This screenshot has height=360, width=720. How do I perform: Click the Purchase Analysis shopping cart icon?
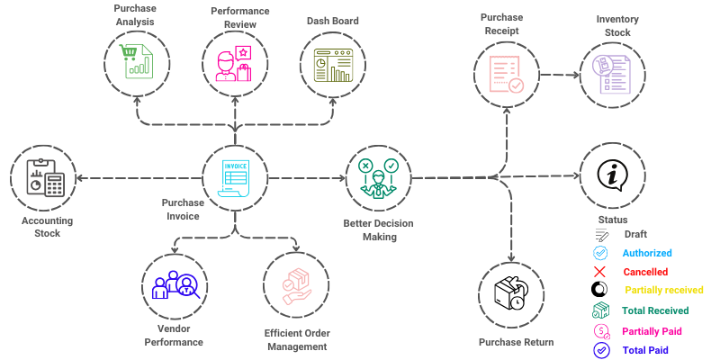point(137,62)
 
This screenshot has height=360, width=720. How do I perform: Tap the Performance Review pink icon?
point(235,62)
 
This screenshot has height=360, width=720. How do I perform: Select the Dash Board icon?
point(333,63)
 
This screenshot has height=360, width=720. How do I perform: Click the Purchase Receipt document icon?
point(504,72)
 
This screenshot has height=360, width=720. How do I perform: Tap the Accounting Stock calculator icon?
point(43,178)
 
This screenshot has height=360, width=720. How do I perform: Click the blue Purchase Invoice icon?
point(235,177)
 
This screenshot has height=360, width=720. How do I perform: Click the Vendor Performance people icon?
point(175,284)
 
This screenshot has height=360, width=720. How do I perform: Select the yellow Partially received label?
point(662,290)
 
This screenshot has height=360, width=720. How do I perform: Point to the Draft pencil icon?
point(600,235)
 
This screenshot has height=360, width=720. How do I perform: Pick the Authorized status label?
point(647,253)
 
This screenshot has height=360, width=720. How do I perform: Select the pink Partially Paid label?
point(652,330)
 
